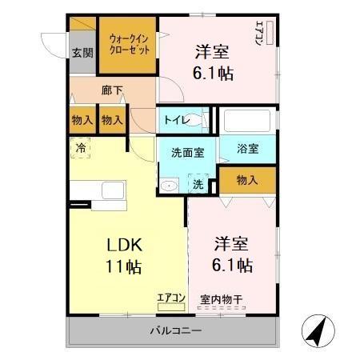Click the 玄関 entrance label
click(x=82, y=54)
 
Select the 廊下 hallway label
click(x=112, y=90)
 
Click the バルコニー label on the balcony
click(x=175, y=330)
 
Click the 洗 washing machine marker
click(x=197, y=183)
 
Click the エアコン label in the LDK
click(x=170, y=298)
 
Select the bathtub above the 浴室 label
click(x=247, y=122)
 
